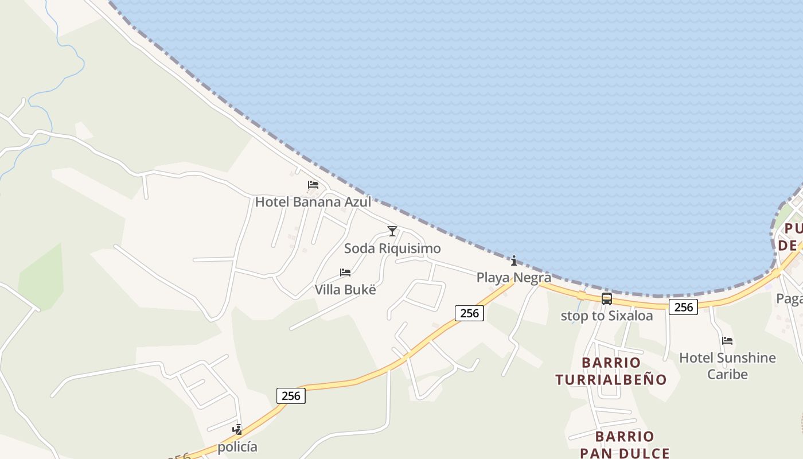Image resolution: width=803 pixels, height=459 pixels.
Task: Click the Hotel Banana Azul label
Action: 313,202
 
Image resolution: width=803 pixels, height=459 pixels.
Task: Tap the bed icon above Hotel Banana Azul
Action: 313,185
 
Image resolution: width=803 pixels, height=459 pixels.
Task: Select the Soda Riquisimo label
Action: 392,248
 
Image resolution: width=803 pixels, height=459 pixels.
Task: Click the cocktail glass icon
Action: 392,231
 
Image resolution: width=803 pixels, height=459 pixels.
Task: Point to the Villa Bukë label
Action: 345,290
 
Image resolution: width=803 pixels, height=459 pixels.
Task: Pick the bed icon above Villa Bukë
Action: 345,272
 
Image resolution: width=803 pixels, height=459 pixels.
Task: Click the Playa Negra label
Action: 513,278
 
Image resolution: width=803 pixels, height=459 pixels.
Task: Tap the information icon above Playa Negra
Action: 514,260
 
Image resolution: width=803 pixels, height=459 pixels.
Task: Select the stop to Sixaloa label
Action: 606,316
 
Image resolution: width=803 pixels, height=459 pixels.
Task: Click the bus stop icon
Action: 607,298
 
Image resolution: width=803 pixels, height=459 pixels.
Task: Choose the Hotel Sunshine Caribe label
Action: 727,365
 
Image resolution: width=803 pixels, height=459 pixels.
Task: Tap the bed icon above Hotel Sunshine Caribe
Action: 727,340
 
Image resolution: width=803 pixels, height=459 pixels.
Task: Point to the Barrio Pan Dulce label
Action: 625,445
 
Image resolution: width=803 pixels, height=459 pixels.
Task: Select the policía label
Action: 237,447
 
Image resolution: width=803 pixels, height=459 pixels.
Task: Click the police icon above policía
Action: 237,429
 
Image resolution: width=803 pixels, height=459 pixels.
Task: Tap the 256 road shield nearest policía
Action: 291,395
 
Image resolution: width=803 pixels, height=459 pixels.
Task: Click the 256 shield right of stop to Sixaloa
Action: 683,307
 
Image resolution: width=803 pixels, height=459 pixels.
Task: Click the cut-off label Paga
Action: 789,298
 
